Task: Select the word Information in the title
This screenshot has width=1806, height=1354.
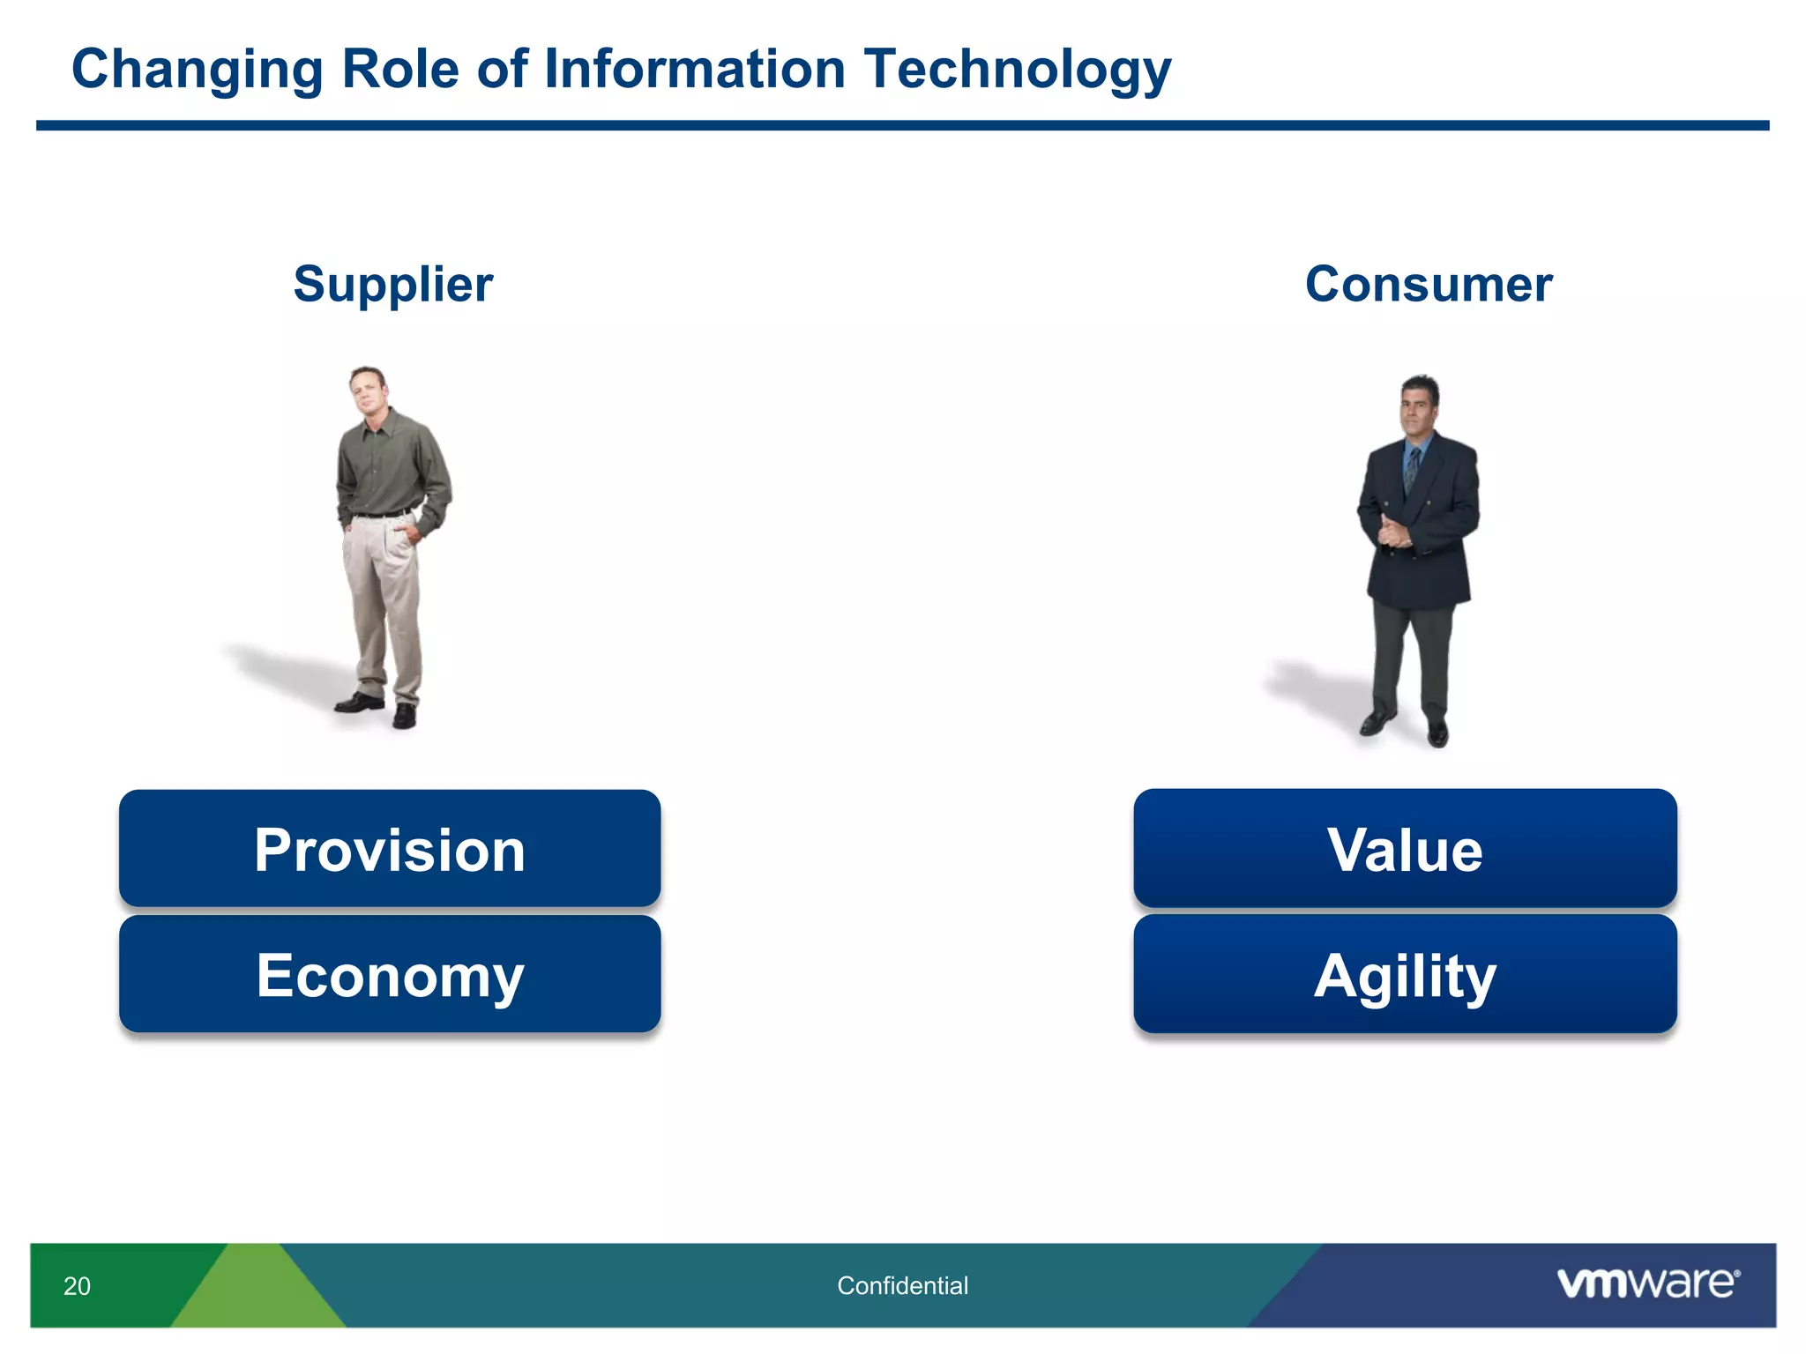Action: pyautogui.click(x=695, y=70)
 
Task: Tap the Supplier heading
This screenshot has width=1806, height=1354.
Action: pyautogui.click(x=393, y=284)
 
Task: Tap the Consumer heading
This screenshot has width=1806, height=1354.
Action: pyautogui.click(x=1428, y=284)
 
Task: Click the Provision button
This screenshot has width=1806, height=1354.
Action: pyautogui.click(x=390, y=849)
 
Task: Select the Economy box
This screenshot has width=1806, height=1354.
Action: pyautogui.click(x=390, y=974)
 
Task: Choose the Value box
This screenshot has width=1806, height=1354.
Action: pyautogui.click(x=1405, y=849)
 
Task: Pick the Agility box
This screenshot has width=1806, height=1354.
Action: pyautogui.click(x=1405, y=974)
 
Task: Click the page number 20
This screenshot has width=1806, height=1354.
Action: pyautogui.click(x=77, y=1286)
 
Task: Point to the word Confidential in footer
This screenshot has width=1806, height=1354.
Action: pyautogui.click(x=902, y=1286)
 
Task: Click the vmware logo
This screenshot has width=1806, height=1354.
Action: pyautogui.click(x=1647, y=1283)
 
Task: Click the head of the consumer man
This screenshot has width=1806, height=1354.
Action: pyautogui.click(x=1419, y=404)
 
